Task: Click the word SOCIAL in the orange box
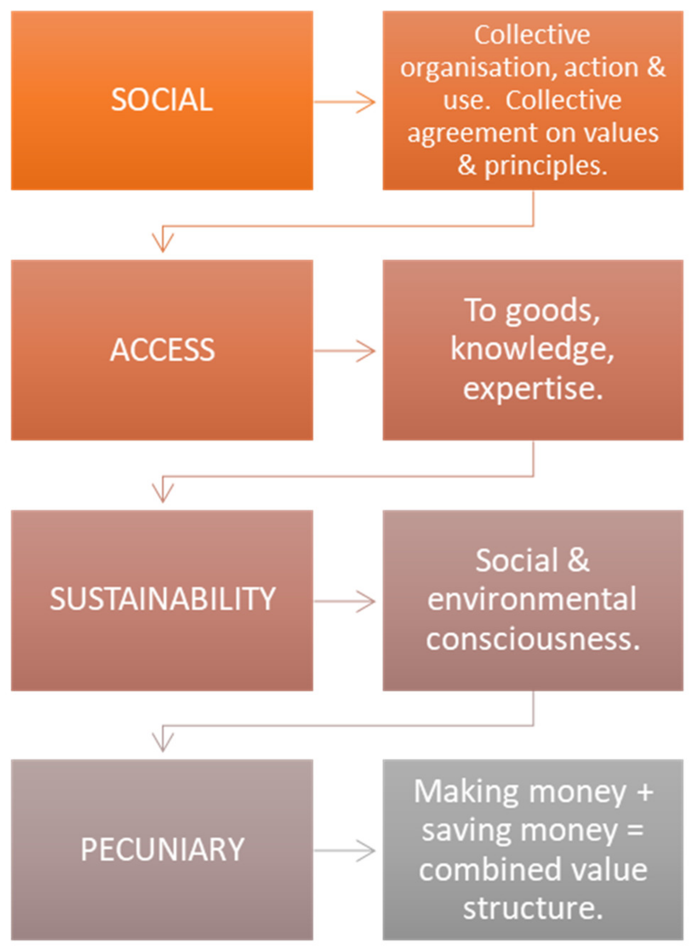[x=162, y=100]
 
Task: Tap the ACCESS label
[x=162, y=350]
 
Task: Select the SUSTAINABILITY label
[x=162, y=599]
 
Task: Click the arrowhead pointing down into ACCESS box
[x=163, y=243]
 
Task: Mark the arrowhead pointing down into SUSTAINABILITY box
[x=163, y=493]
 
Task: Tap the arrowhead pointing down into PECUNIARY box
[x=163, y=743]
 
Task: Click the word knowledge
[x=531, y=350]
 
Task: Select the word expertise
[x=533, y=389]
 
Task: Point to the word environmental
[x=531, y=599]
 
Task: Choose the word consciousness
[x=533, y=638]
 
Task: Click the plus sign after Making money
[x=645, y=792]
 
